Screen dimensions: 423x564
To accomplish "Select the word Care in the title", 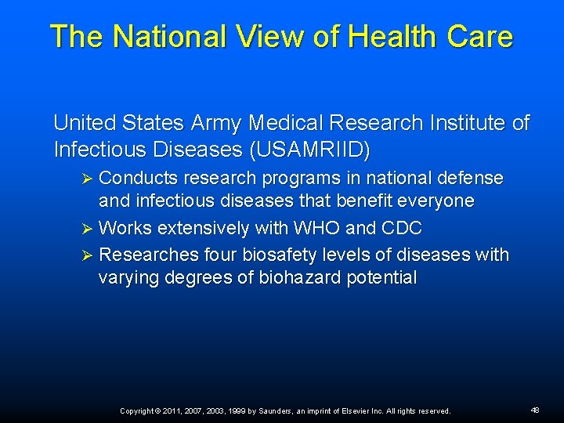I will tap(481, 37).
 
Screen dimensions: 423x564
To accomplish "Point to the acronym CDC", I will tap(403, 229).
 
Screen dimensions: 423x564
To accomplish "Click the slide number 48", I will tap(535, 410).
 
